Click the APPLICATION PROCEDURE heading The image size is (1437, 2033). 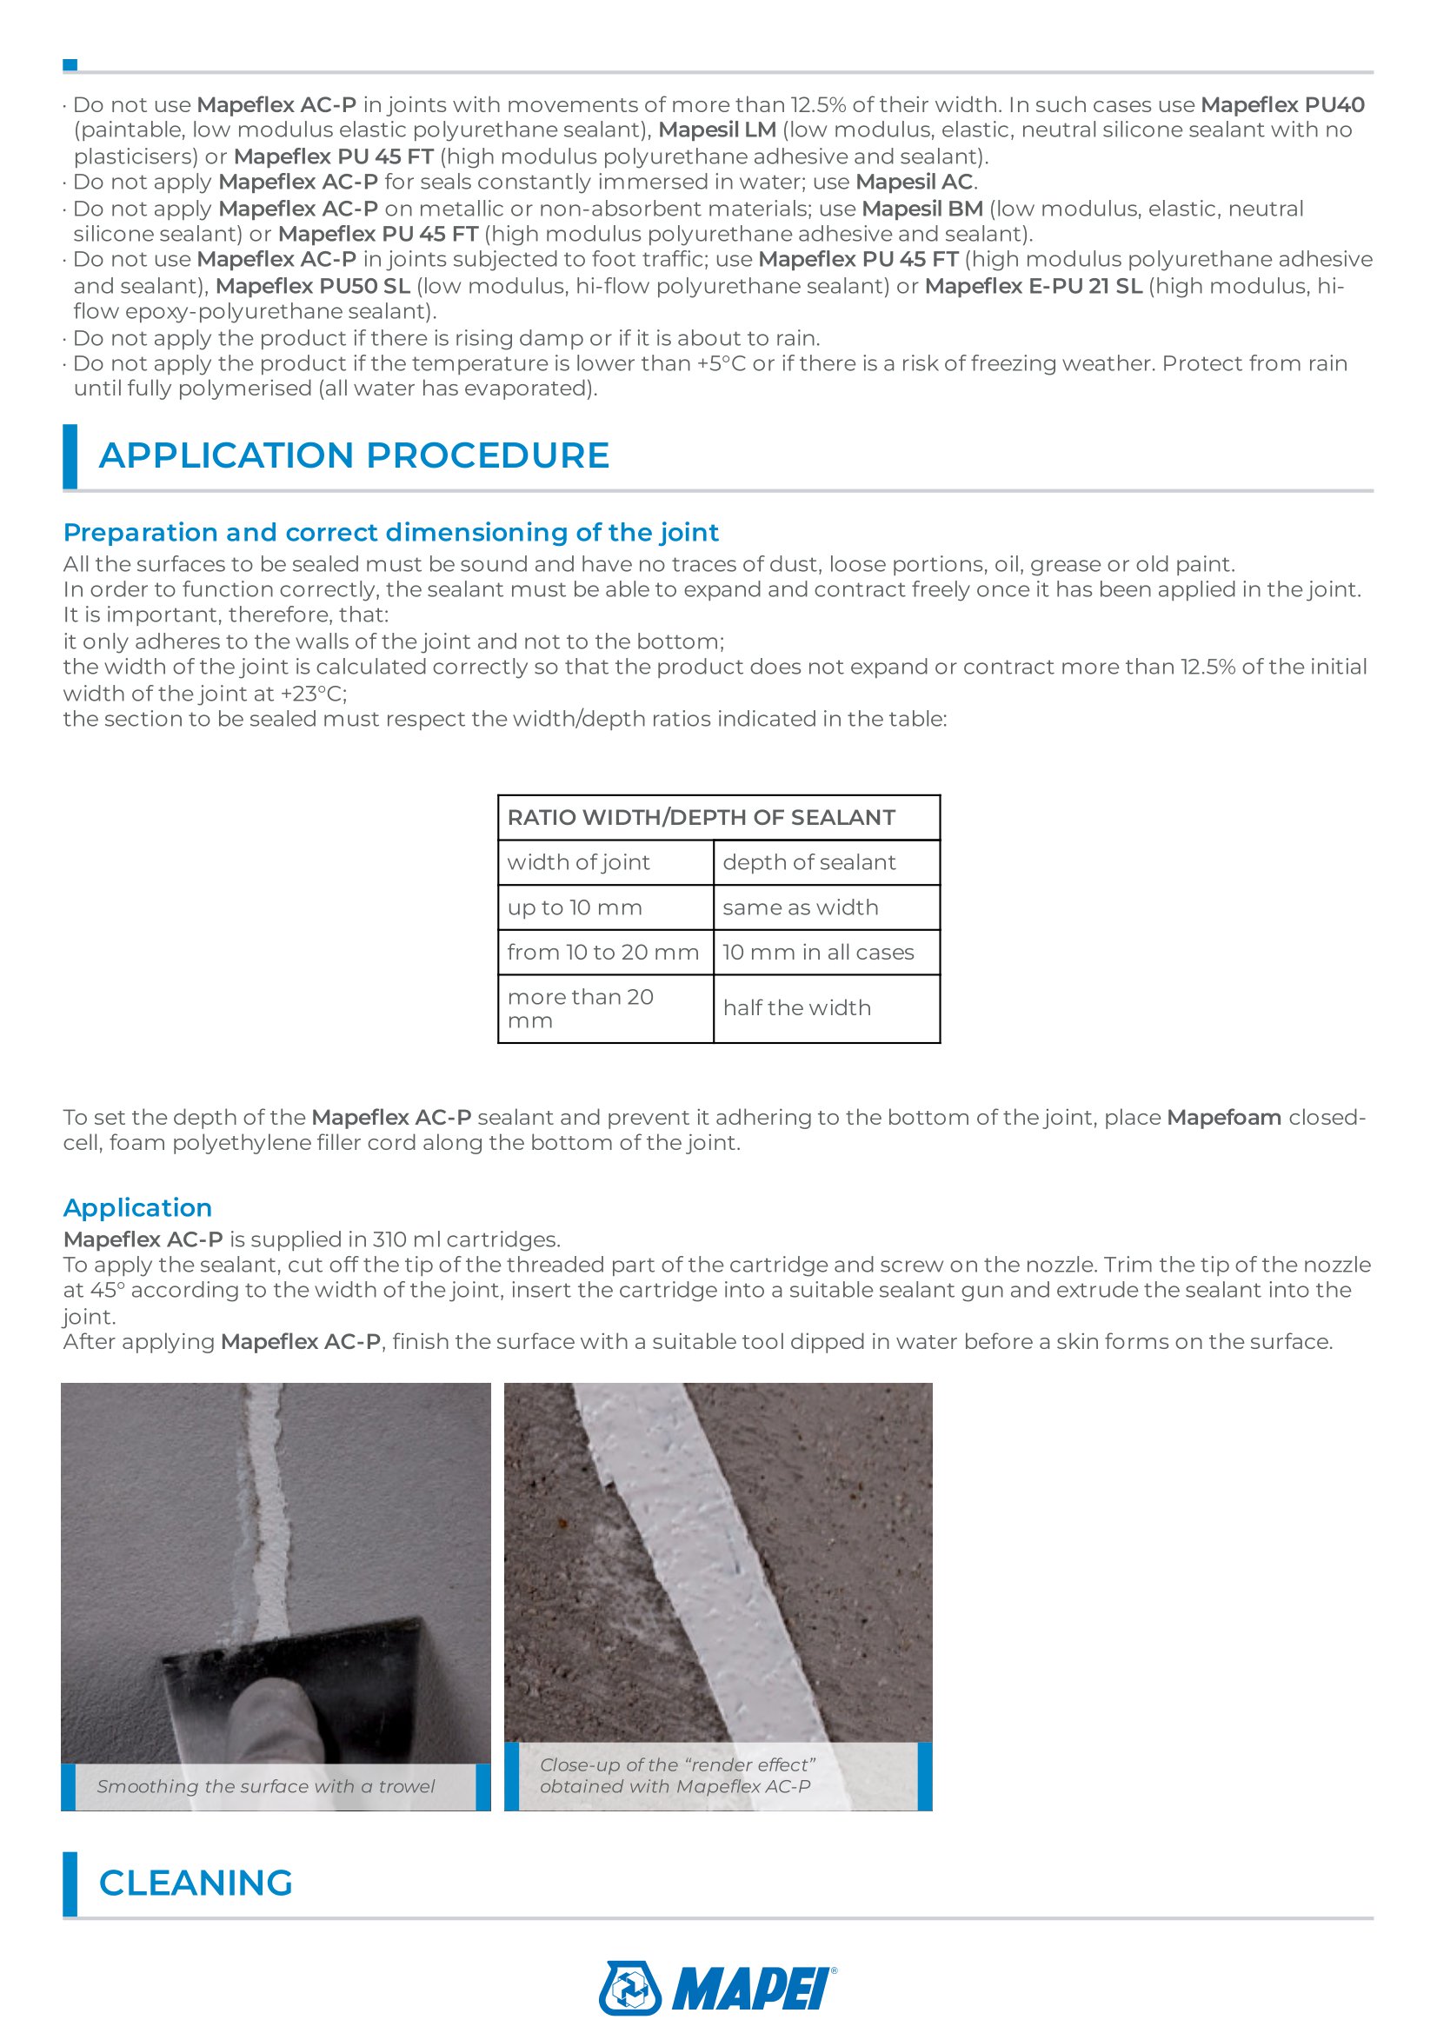coord(353,455)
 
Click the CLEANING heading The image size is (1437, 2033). coord(196,1883)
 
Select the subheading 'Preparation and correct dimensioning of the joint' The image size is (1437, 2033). coord(390,532)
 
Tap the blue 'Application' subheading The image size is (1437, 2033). coord(137,1208)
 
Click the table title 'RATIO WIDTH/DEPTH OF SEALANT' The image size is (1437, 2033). coord(701,817)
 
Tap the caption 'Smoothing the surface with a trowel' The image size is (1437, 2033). coord(266,1786)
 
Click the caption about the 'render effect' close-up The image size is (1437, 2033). coord(676,1776)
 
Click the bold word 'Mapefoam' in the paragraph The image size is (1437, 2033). coord(1224,1118)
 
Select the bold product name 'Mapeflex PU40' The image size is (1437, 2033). coord(1282,104)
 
